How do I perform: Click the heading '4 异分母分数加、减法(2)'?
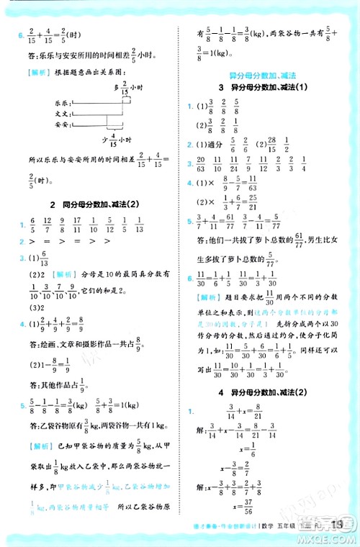click(263, 392)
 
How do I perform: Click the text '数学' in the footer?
click(274, 534)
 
